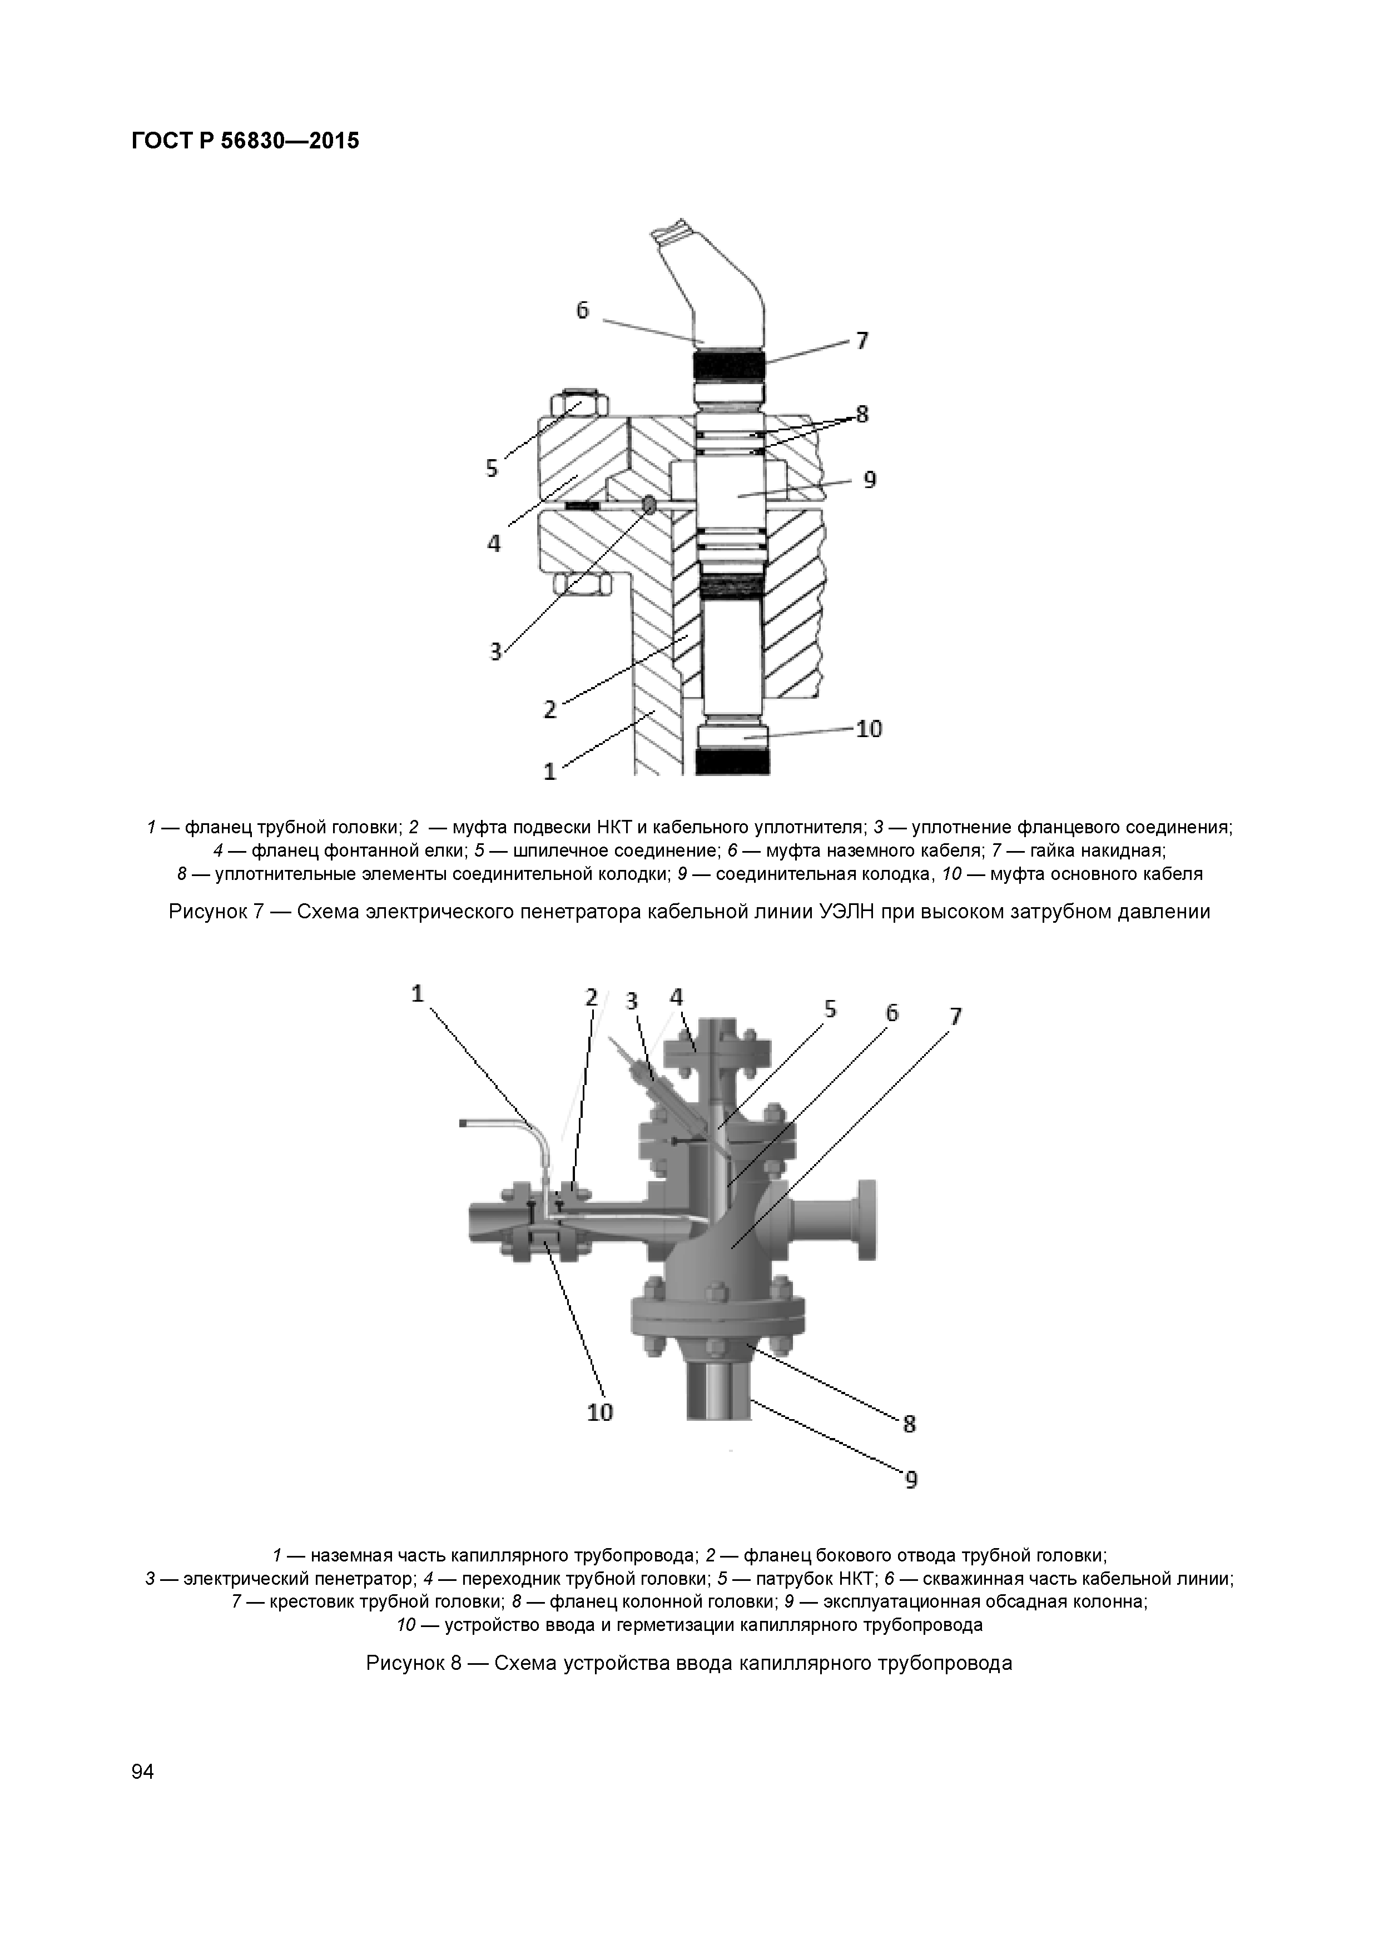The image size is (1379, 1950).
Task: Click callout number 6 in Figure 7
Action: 582,311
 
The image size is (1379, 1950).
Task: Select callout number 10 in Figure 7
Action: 869,729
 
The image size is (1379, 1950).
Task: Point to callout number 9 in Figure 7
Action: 870,480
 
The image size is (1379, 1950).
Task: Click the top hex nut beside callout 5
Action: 578,402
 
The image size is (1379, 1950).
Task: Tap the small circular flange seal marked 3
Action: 649,505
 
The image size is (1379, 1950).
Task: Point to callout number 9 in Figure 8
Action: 911,1480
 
